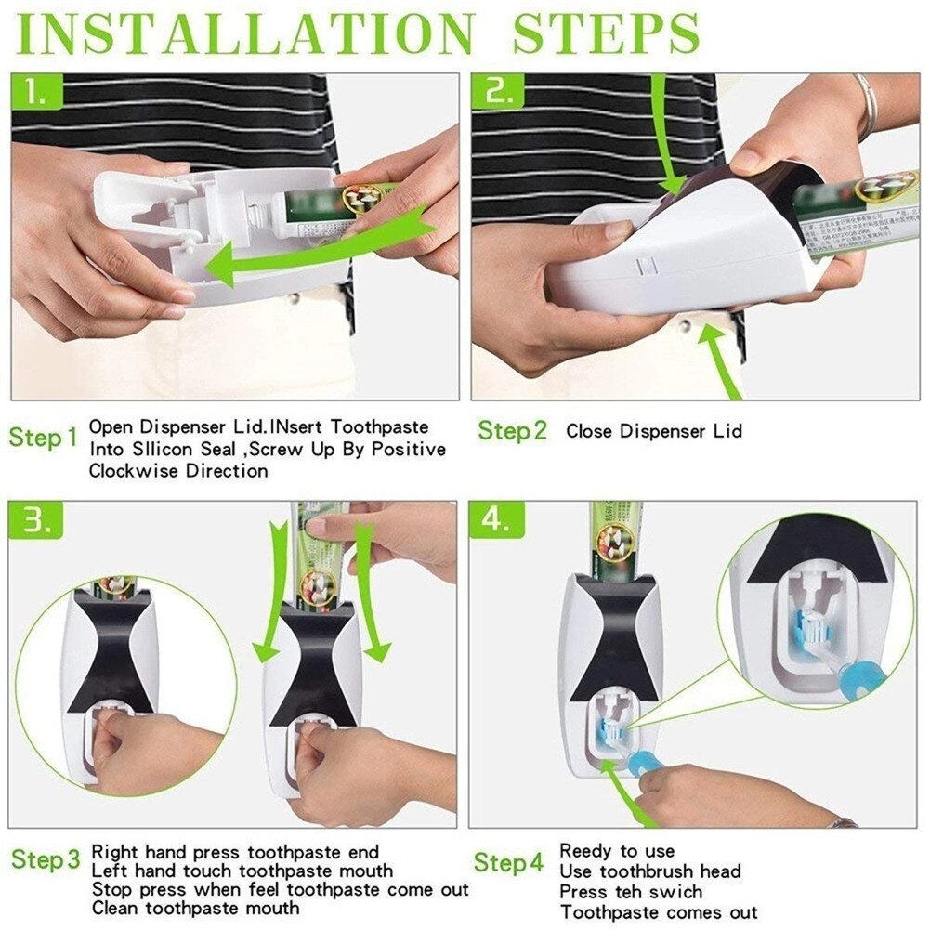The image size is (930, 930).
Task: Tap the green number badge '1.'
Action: click(x=37, y=93)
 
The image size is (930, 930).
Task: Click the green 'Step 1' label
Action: click(x=44, y=438)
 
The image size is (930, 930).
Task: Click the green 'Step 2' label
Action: click(x=512, y=431)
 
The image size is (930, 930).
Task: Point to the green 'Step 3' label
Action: click(x=46, y=859)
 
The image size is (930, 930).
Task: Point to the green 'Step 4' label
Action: click(x=508, y=862)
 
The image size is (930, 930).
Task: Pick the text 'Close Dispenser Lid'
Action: click(x=654, y=431)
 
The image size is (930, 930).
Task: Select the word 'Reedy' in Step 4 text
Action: click(x=586, y=851)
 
